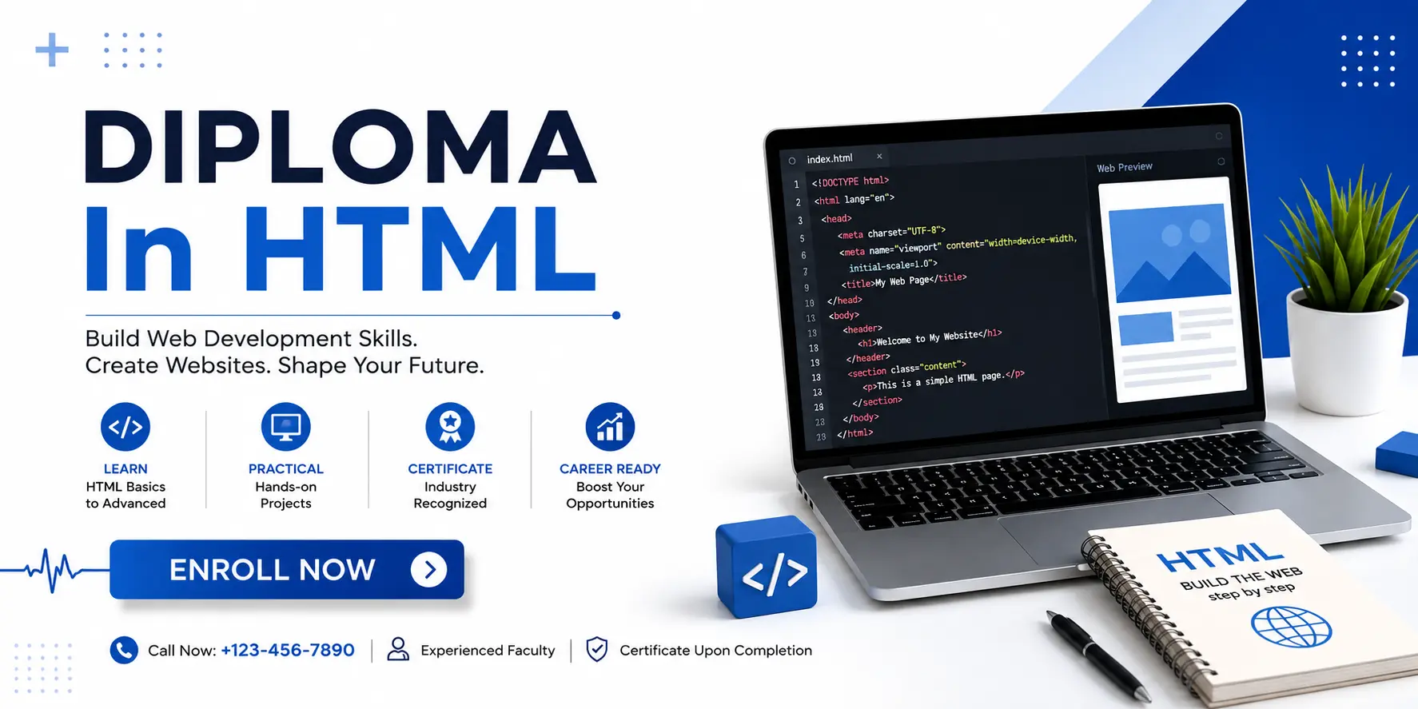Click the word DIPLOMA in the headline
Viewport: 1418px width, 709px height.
pos(341,147)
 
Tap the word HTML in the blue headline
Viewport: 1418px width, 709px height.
pos(420,249)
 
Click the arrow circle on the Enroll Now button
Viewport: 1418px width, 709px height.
pos(429,570)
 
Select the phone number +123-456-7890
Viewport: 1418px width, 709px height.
pos(288,651)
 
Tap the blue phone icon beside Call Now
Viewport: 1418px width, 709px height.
pos(124,651)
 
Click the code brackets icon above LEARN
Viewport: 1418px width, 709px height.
pos(125,427)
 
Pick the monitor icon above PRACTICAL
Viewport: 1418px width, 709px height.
pos(285,427)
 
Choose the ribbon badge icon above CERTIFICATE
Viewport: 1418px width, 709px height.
pos(450,427)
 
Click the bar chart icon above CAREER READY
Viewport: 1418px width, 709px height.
pos(610,427)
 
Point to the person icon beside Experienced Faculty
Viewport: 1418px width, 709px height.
pos(398,649)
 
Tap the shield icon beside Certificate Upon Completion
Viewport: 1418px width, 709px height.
pos(597,650)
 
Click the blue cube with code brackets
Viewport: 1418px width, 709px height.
pos(767,567)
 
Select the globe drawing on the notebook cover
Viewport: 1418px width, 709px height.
pos(1291,627)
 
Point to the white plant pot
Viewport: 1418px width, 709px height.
pos(1347,352)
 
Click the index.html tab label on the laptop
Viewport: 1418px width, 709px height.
pos(830,159)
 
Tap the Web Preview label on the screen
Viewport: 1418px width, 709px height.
pos(1125,167)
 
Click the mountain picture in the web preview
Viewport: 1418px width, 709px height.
pos(1172,252)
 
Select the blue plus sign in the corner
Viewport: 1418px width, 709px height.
pos(52,50)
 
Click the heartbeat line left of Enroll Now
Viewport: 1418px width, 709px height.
pos(54,570)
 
